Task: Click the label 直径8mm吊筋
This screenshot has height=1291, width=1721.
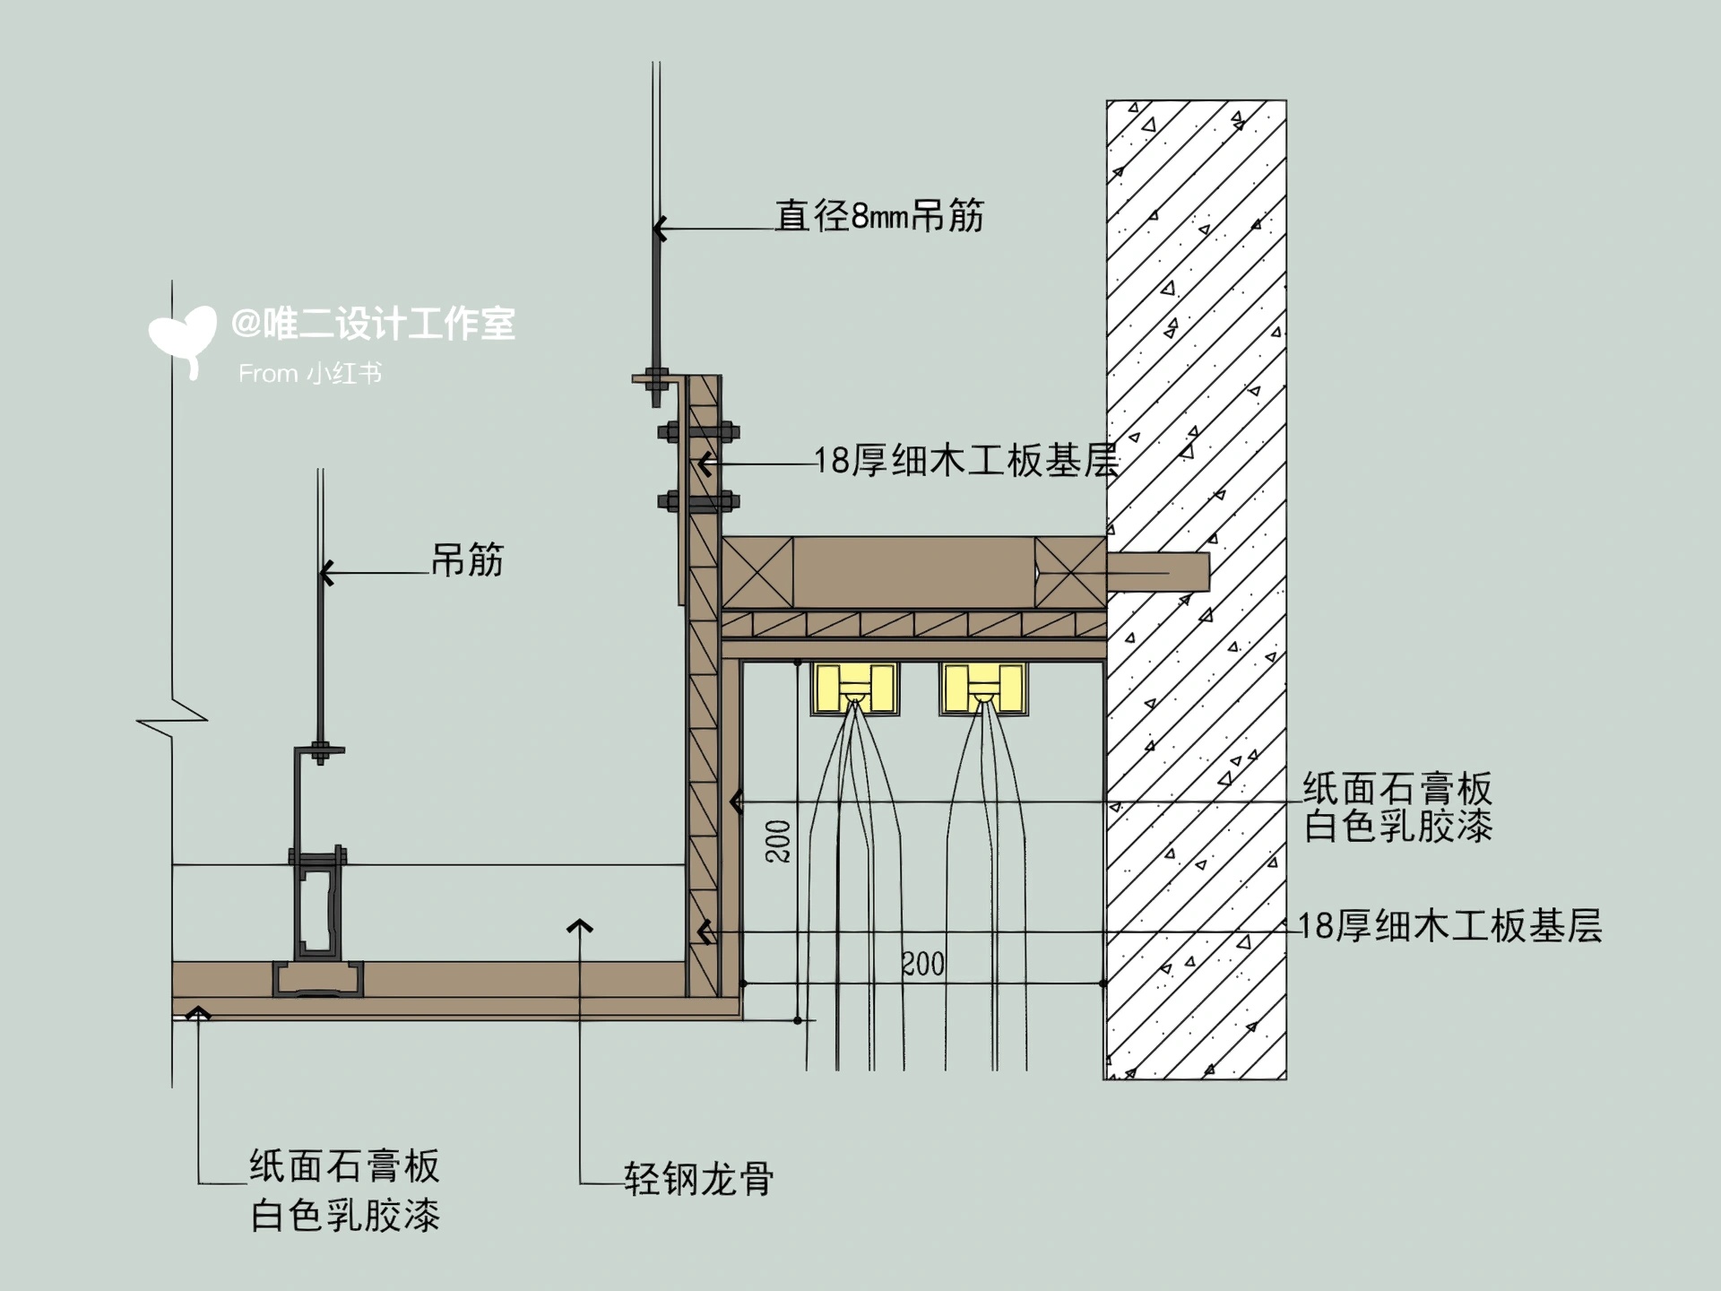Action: tap(879, 216)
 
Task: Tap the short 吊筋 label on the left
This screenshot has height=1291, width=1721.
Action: tap(467, 560)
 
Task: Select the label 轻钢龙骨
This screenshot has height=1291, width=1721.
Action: tap(698, 1179)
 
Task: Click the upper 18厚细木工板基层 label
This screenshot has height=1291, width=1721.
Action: tap(966, 461)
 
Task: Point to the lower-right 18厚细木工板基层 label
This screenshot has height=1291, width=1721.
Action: tap(1449, 925)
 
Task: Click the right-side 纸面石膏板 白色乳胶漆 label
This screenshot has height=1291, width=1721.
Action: tap(1397, 807)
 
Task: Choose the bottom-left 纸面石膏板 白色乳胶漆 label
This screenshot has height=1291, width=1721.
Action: tap(345, 1191)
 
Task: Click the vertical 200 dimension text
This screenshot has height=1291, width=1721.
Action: tap(778, 841)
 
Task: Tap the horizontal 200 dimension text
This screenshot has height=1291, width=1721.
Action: tap(922, 965)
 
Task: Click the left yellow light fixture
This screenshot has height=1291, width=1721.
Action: tap(854, 689)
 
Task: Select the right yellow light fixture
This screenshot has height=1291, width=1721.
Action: tap(983, 689)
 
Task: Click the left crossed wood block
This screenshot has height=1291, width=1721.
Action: tap(757, 573)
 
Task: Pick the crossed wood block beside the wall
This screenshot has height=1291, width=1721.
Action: tap(1070, 573)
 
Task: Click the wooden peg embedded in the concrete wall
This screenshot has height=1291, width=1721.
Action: tap(1158, 572)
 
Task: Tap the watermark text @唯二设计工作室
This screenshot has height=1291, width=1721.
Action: tap(373, 324)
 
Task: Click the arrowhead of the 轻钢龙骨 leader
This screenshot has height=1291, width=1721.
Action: tap(580, 926)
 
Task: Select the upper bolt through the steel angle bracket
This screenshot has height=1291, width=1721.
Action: tap(699, 433)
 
